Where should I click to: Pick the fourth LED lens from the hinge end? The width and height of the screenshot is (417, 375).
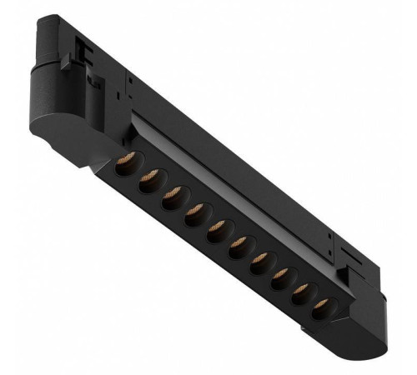(x=195, y=213)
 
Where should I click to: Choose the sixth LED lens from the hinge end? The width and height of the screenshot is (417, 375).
(x=239, y=243)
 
